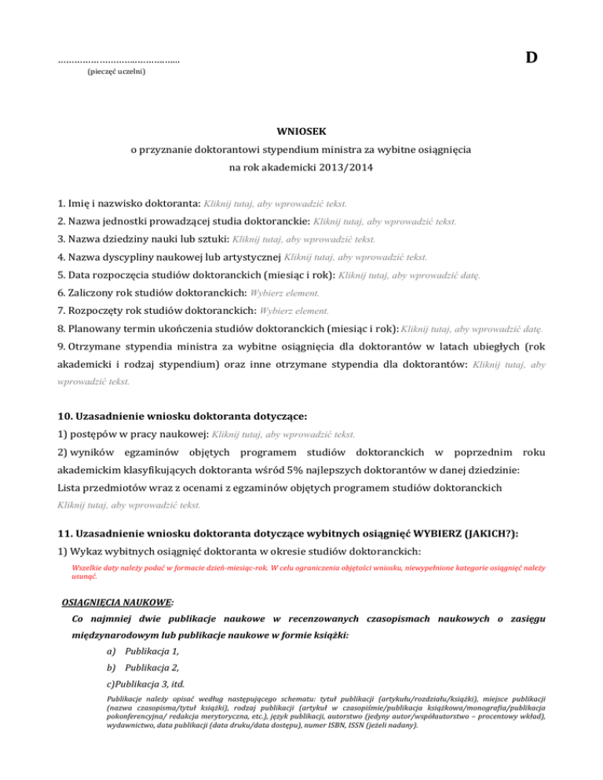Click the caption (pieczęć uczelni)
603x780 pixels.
115,72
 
